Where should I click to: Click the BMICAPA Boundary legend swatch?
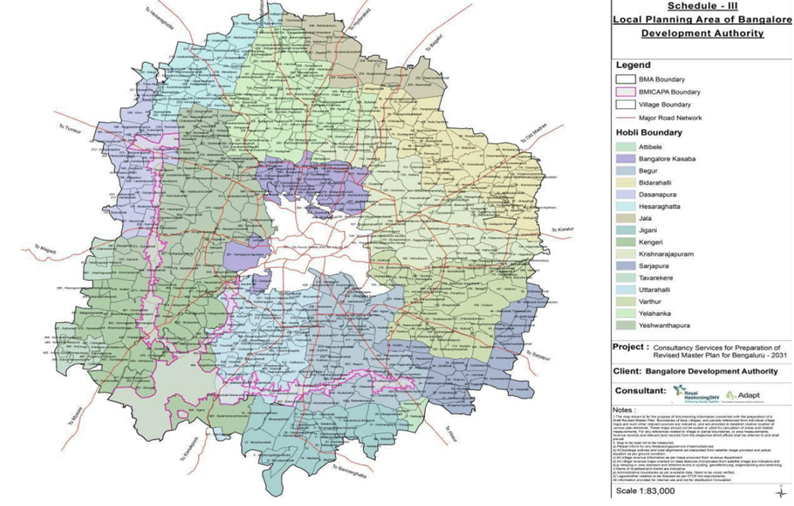point(625,92)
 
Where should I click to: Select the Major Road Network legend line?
point(625,118)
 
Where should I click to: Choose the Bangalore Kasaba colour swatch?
point(625,160)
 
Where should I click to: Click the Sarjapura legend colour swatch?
point(625,265)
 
